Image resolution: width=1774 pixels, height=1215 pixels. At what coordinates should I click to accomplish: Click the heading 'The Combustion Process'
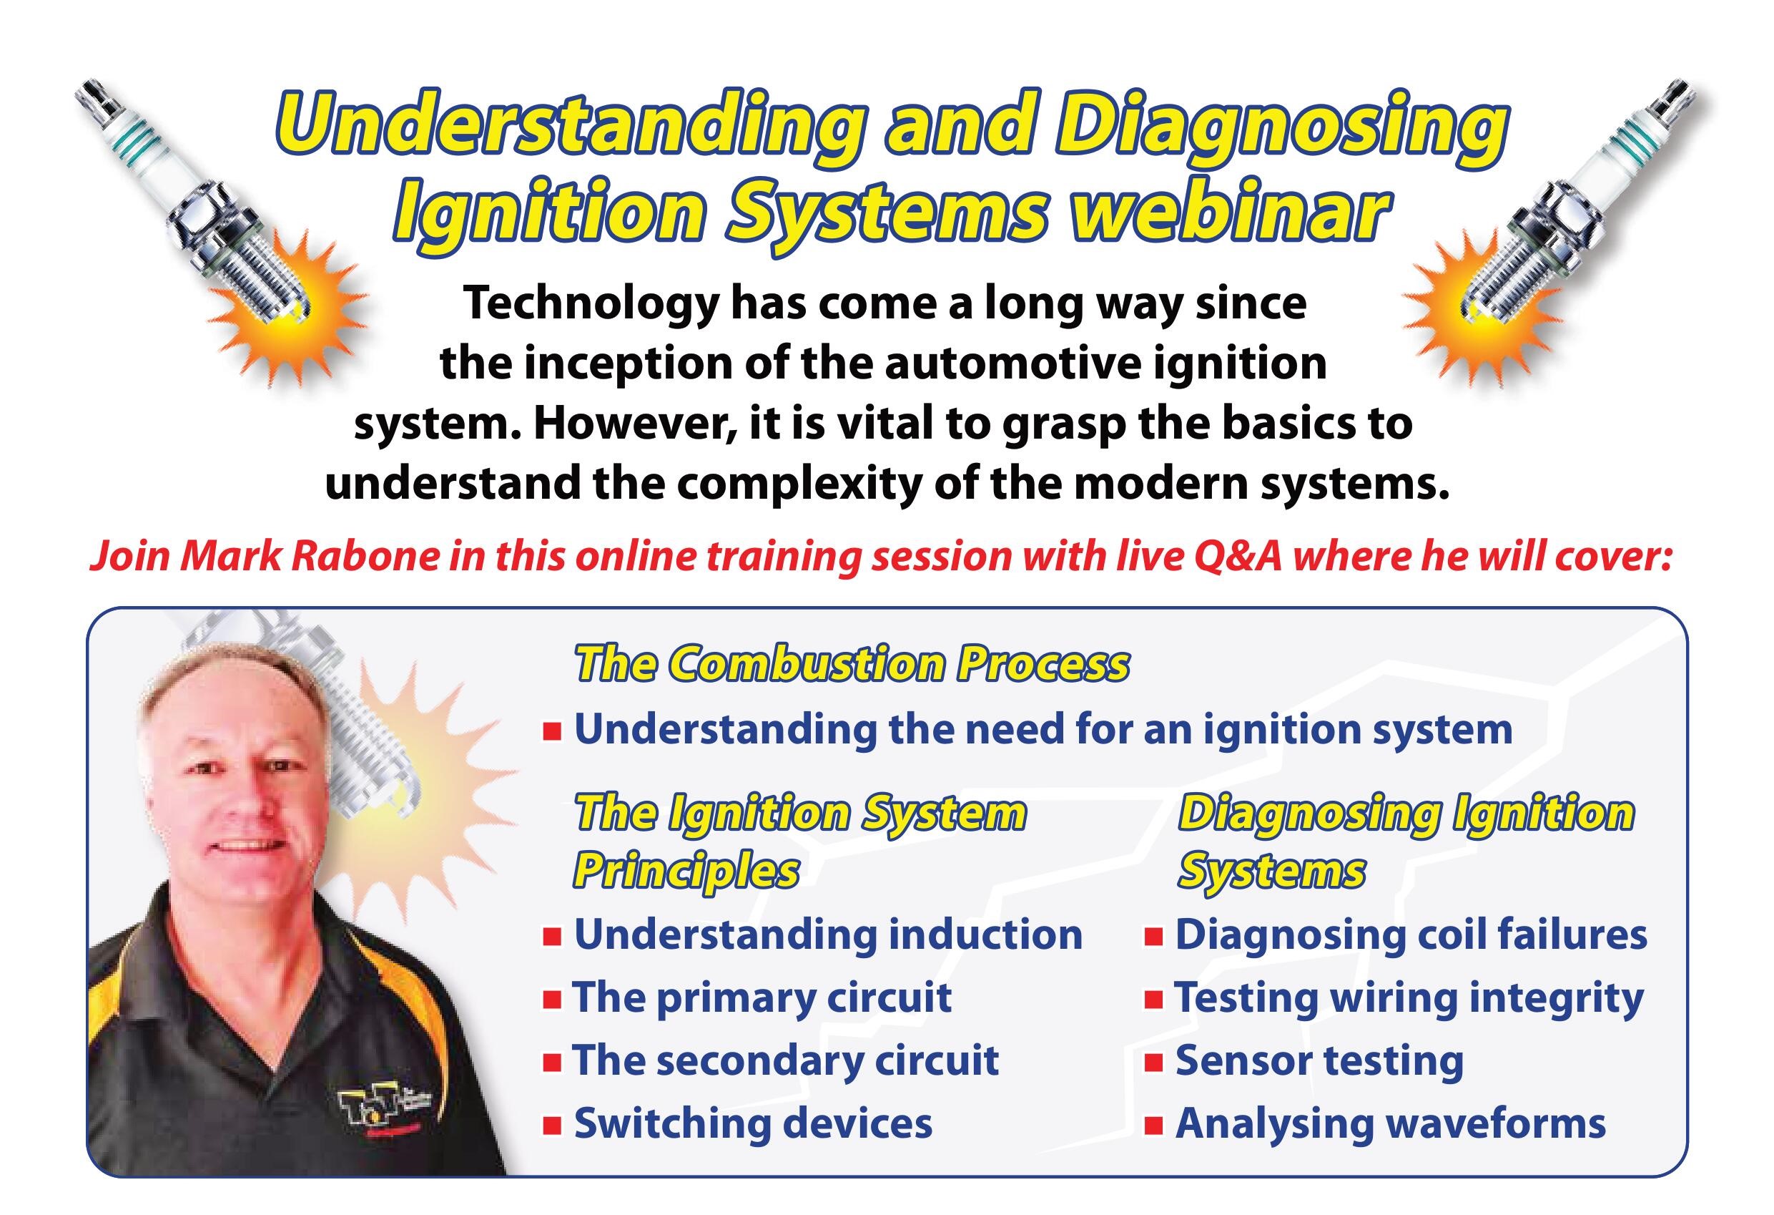(851, 663)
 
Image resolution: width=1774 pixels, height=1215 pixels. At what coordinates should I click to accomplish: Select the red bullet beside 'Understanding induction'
(552, 936)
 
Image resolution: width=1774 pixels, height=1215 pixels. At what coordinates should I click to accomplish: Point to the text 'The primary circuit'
(762, 997)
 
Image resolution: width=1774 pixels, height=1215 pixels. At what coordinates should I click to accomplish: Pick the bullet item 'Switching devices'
(754, 1123)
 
